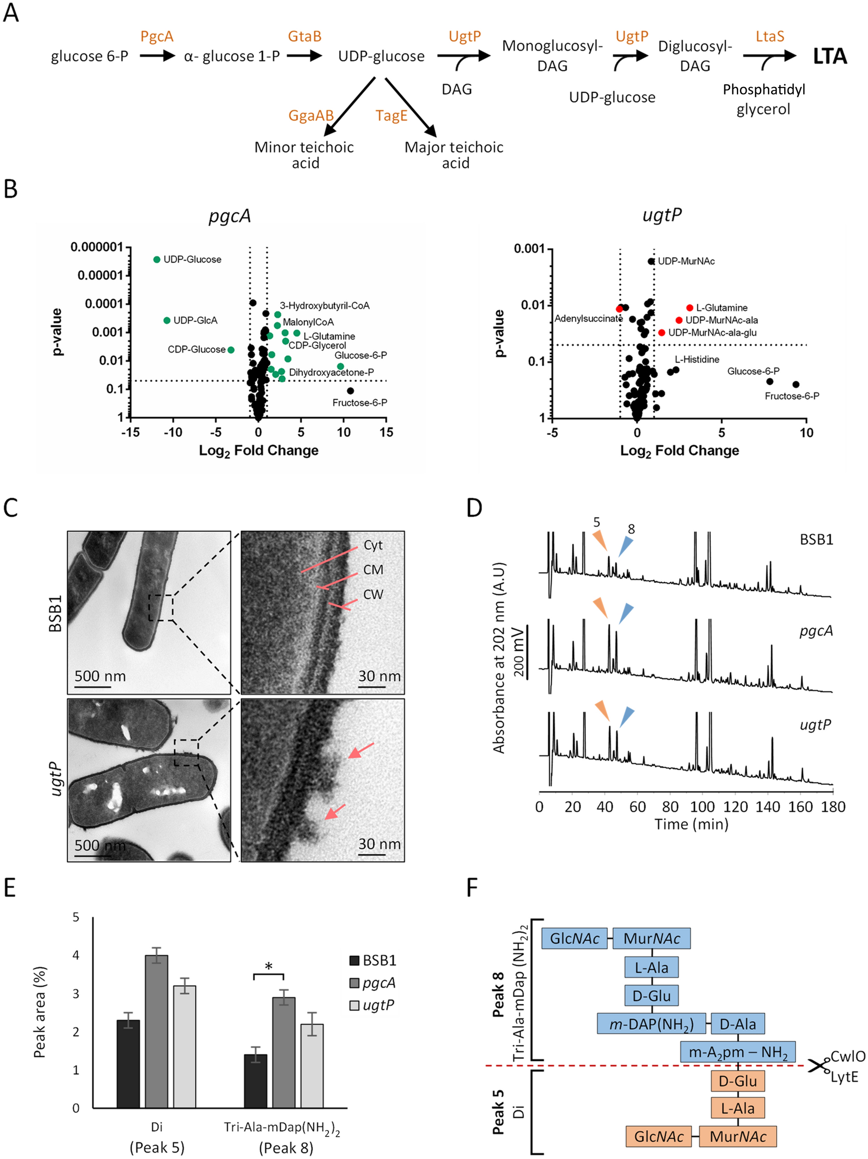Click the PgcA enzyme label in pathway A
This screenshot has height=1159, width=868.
[157, 37]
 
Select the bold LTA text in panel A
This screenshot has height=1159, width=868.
[829, 57]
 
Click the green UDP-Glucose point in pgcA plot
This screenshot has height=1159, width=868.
[157, 259]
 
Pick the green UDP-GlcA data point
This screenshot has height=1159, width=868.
[166, 320]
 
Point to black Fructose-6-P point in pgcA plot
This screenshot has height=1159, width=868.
[350, 390]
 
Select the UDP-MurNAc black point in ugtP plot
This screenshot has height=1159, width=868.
[651, 261]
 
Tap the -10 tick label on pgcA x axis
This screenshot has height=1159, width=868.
[173, 432]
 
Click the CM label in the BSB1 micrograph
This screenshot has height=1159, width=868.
[373, 570]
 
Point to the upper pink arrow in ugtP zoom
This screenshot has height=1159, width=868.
[361, 751]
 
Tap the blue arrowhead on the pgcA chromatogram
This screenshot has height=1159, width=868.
[626, 613]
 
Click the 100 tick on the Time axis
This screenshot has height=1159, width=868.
[702, 807]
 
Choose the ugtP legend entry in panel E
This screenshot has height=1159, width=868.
[372, 1005]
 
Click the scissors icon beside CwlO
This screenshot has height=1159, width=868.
[818, 1065]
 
